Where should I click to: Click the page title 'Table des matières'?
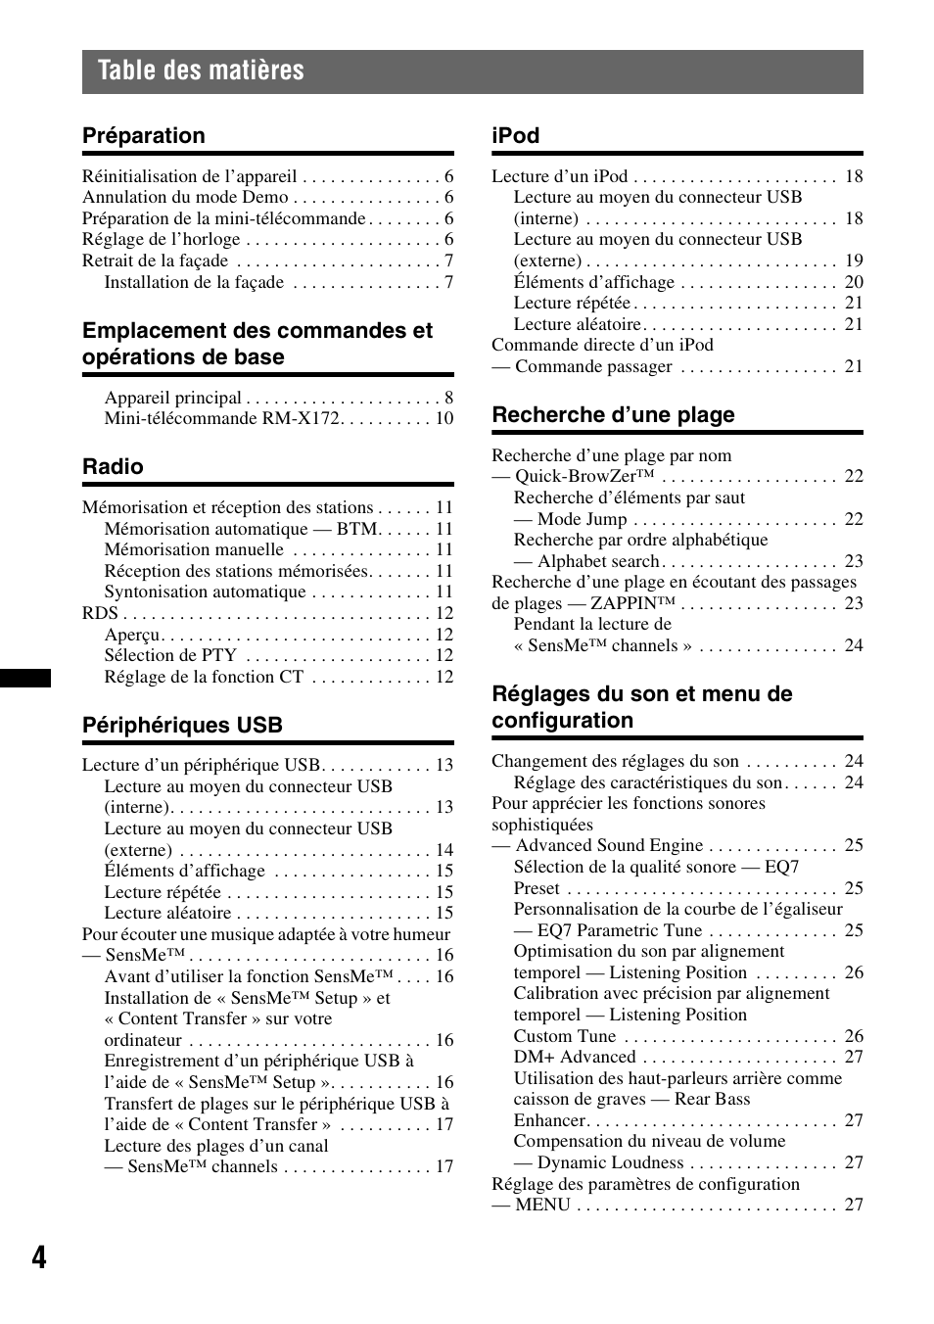coord(201,71)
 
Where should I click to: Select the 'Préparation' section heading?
coord(144,136)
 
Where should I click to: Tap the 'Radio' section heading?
coord(113,467)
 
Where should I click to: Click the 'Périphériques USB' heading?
coord(182,726)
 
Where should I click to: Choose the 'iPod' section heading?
coord(515,136)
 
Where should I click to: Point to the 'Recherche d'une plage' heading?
coord(613,415)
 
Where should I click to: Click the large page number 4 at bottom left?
coord(38,1257)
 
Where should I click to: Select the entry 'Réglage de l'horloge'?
coord(161,240)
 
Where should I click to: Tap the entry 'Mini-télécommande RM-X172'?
coord(221,419)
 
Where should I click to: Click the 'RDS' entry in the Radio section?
coord(100,614)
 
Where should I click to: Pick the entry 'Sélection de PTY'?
coord(170,656)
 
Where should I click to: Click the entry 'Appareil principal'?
coord(172,398)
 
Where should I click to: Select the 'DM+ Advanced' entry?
coord(575,1058)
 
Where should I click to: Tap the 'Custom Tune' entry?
coord(565,1036)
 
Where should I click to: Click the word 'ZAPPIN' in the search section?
coord(623,604)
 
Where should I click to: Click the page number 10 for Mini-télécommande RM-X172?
coord(444,419)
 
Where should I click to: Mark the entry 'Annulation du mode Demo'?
coord(185,198)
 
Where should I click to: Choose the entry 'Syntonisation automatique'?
coord(205,592)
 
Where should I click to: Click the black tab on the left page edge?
coord(25,677)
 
